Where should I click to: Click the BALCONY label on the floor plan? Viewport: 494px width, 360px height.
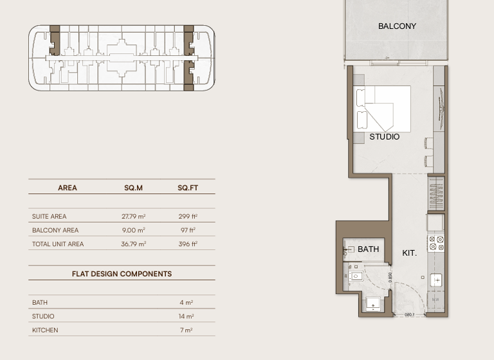pos(397,26)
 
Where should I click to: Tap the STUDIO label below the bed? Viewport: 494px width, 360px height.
pos(385,137)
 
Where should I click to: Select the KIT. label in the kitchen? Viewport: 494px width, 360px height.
pos(409,253)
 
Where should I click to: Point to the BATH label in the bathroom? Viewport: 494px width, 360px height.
pos(369,249)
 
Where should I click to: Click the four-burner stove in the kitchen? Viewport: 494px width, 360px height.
pos(436,243)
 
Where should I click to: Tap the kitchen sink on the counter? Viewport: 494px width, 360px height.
pos(436,280)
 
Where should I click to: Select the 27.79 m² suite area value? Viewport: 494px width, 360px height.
pos(133,217)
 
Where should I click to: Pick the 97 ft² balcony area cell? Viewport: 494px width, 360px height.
pos(188,230)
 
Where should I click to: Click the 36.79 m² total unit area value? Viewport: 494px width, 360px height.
pos(133,244)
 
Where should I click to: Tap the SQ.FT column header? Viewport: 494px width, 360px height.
pos(188,188)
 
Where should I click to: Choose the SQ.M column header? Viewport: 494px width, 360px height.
pos(133,188)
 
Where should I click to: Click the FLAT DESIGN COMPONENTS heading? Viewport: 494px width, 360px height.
pos(122,274)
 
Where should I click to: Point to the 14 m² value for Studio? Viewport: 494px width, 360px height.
pos(187,316)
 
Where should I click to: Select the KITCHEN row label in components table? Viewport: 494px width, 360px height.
pos(45,330)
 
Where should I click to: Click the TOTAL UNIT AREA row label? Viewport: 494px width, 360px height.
pos(58,244)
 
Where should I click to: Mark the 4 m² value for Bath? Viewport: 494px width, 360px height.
pos(187,302)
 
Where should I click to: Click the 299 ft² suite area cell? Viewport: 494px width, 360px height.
pos(188,217)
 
